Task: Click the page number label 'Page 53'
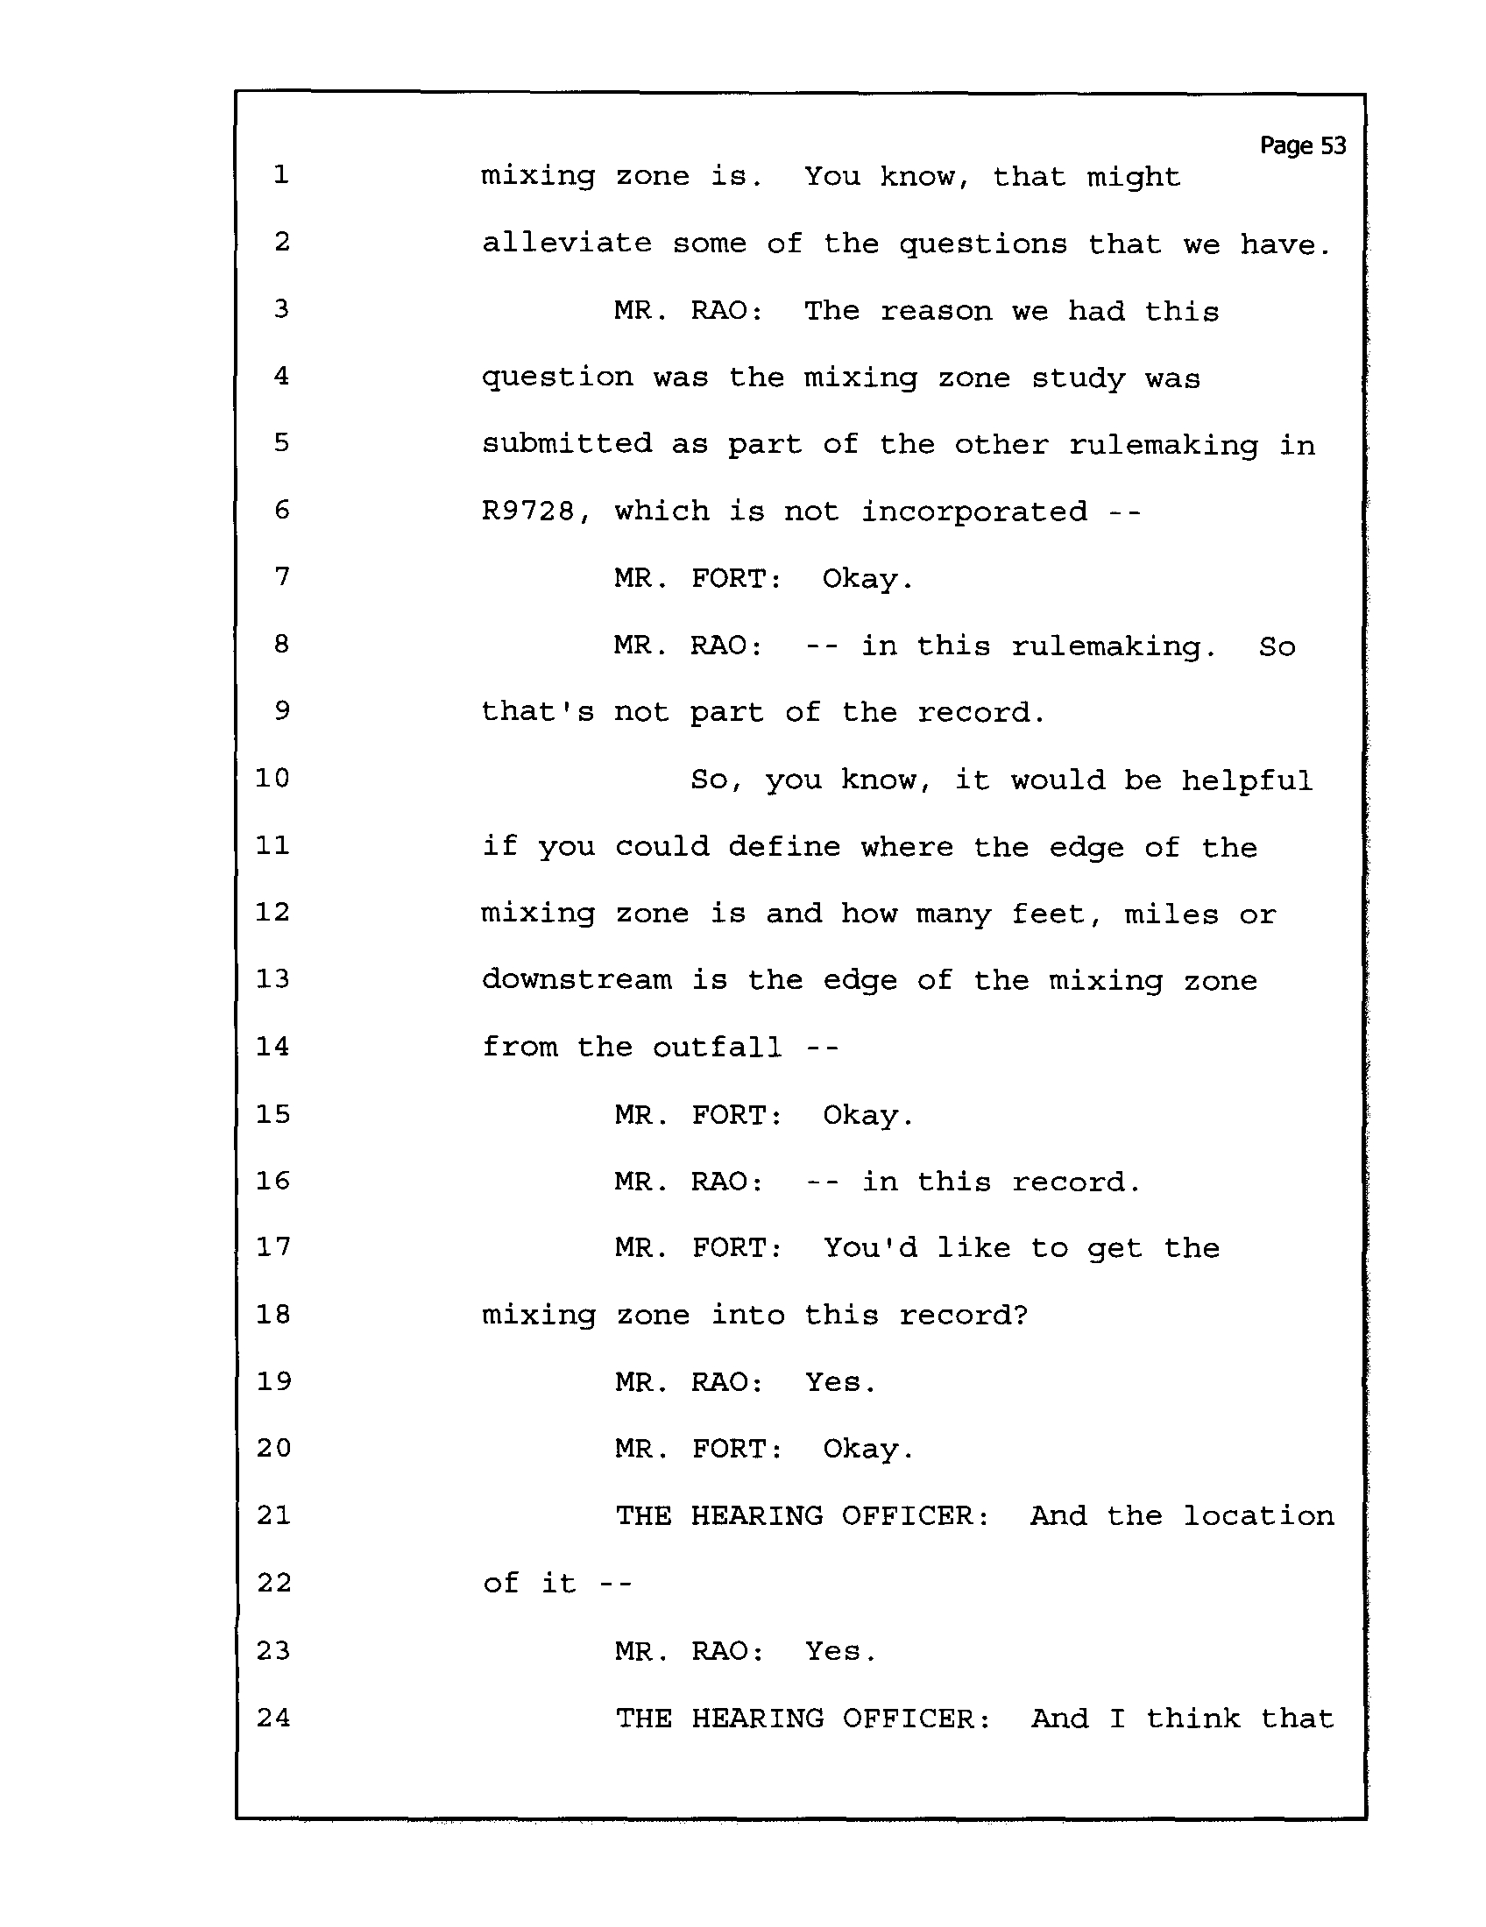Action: click(x=1303, y=146)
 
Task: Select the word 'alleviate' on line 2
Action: click(x=567, y=243)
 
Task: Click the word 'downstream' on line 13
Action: click(x=577, y=979)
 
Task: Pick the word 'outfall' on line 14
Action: click(x=718, y=1047)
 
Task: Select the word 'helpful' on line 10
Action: click(x=1247, y=780)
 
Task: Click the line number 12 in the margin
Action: click(x=272, y=912)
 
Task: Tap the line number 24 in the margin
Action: click(x=273, y=1717)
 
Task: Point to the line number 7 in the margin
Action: click(x=281, y=577)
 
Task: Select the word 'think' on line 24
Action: click(x=1193, y=1718)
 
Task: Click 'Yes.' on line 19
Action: click(x=840, y=1381)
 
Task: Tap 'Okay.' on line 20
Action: click(x=868, y=1449)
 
